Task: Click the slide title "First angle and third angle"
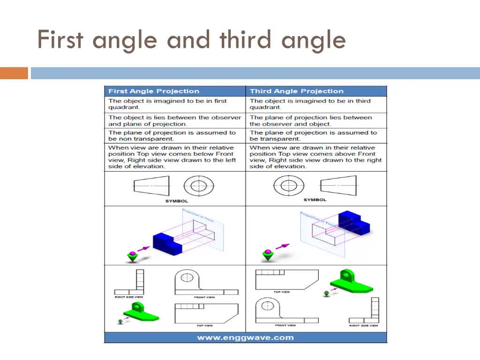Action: pos(191,39)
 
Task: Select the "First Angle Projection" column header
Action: pos(154,91)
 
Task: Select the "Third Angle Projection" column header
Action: pos(296,91)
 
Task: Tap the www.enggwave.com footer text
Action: pos(245,337)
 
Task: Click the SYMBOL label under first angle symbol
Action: pos(176,201)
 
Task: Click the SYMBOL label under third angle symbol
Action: pos(315,200)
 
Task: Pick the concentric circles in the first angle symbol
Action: pos(198,186)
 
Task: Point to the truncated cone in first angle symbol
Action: pos(151,186)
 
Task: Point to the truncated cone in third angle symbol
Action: pos(337,186)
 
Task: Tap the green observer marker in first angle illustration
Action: pos(133,256)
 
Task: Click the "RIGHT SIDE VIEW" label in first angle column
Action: pos(129,297)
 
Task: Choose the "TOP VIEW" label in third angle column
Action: pos(282,292)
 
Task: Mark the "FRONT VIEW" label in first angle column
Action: pos(204,297)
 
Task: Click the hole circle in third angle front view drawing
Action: pos(268,306)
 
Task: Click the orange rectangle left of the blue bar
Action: pos(14,73)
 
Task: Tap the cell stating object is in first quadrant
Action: pos(174,104)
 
